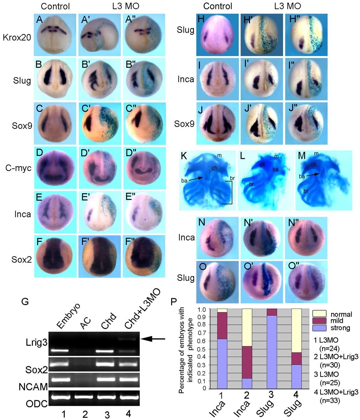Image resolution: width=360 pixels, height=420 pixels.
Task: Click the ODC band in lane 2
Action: pos(85,397)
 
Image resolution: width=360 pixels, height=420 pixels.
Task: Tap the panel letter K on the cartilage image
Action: pos(184,156)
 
